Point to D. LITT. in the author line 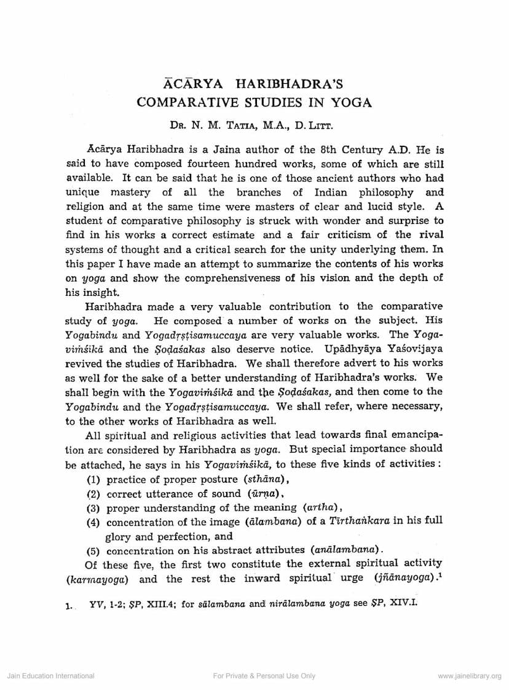(x=314, y=127)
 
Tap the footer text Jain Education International (x=50, y=676)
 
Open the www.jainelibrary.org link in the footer (x=470, y=676)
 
